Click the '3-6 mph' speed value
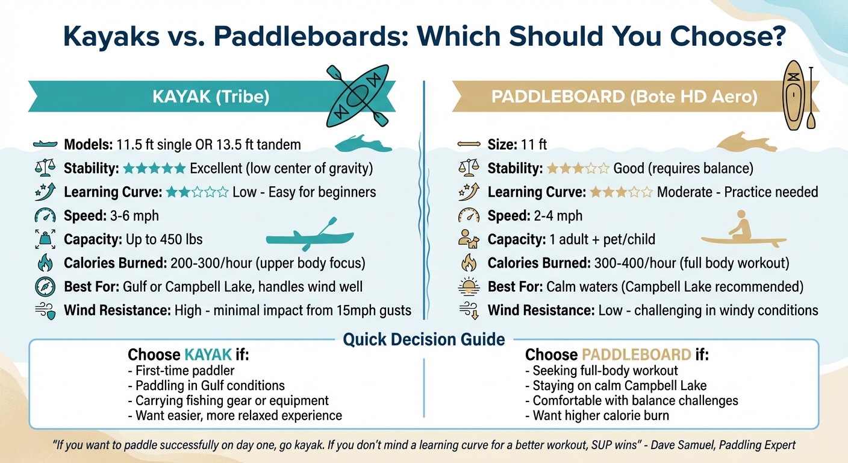[139, 215]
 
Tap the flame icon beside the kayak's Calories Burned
[45, 263]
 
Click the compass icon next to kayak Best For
[45, 286]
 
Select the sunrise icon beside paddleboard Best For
[468, 286]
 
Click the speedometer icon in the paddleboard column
[468, 215]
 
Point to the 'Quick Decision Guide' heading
[423, 339]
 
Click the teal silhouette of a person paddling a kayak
[310, 235]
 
